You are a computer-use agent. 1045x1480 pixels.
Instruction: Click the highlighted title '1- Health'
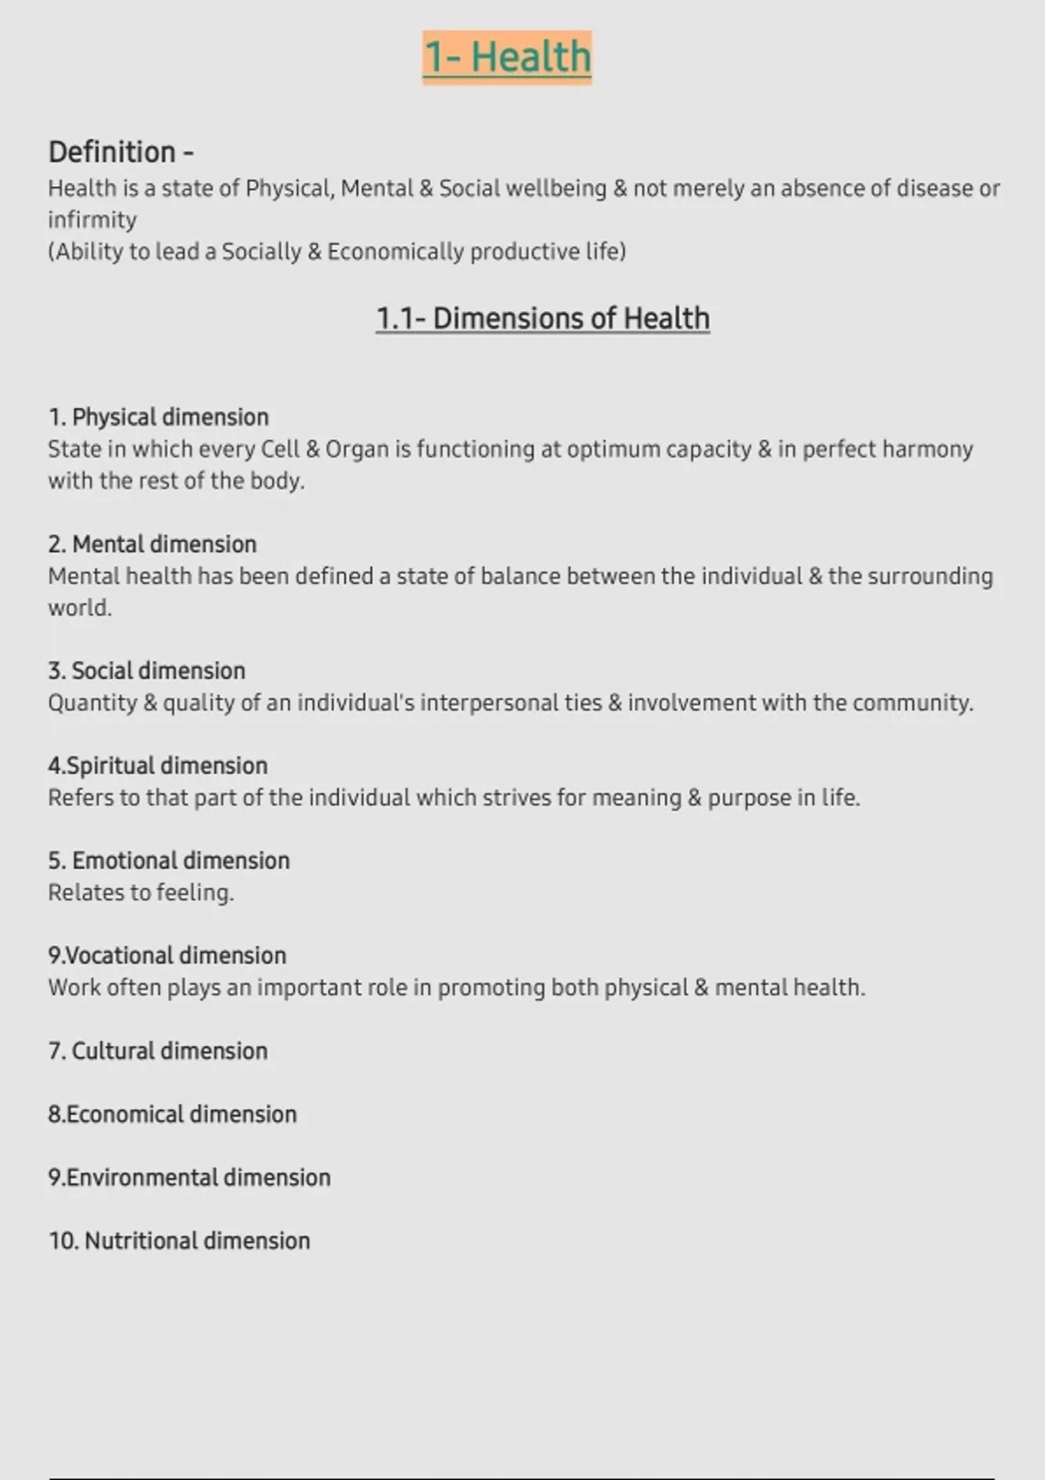pyautogui.click(x=507, y=57)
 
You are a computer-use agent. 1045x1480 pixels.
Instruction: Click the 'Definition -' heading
pyautogui.click(x=121, y=152)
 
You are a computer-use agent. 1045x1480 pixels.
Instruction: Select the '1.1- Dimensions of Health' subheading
pyautogui.click(x=543, y=319)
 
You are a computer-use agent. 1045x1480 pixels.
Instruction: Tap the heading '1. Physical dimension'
pyautogui.click(x=158, y=417)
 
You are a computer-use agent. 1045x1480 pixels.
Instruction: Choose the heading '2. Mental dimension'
pyautogui.click(x=152, y=544)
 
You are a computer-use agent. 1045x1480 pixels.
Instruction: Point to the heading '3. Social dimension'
pyautogui.click(x=146, y=670)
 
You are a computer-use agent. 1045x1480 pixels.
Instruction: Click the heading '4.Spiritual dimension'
pyautogui.click(x=158, y=766)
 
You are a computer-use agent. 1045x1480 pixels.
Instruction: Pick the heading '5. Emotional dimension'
pyautogui.click(x=169, y=861)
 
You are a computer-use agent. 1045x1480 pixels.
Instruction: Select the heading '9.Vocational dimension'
pyautogui.click(x=167, y=956)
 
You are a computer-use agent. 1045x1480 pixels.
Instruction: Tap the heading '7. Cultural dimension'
pyautogui.click(x=158, y=1051)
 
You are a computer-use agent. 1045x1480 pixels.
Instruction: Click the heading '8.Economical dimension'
pyautogui.click(x=172, y=1114)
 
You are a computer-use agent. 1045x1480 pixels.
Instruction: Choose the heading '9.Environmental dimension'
pyautogui.click(x=189, y=1178)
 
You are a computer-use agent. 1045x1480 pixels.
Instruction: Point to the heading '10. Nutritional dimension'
pyautogui.click(x=179, y=1241)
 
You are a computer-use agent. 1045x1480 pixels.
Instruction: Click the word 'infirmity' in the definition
pyautogui.click(x=92, y=220)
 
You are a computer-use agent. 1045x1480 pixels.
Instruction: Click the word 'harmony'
pyautogui.click(x=927, y=449)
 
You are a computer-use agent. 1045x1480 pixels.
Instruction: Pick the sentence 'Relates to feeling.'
pyautogui.click(x=141, y=893)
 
